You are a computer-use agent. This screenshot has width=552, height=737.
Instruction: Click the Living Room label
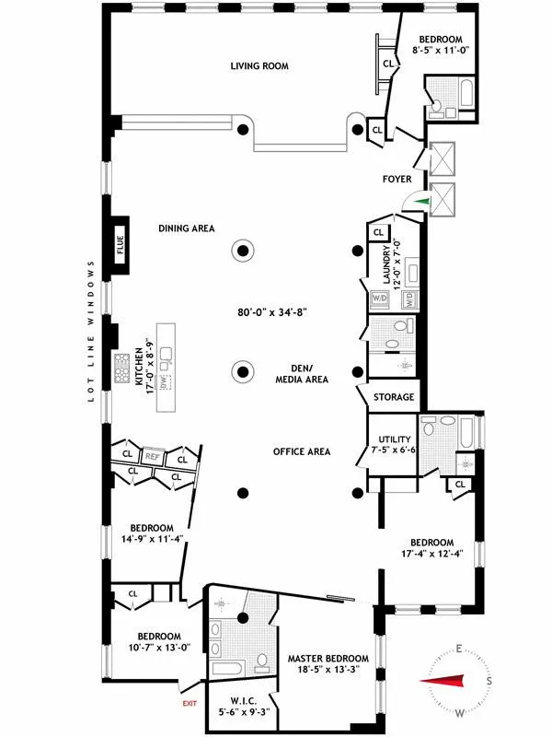coord(259,66)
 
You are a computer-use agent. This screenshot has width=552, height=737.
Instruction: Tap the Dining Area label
coord(186,228)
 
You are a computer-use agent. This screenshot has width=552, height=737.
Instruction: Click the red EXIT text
coord(190,704)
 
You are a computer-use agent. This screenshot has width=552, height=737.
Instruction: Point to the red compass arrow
coord(447,682)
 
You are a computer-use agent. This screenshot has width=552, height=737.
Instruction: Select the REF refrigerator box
coord(153,455)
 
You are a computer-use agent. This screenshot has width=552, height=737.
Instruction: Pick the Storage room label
coord(393,398)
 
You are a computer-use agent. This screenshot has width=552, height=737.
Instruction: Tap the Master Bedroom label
coord(328,658)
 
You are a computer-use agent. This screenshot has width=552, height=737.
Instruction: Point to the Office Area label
coord(301,451)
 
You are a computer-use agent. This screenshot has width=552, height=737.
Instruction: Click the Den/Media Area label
coord(302,372)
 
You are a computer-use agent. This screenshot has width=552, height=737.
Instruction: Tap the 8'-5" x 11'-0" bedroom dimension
coord(441,52)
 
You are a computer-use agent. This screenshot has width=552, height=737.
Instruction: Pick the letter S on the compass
coord(489,682)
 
